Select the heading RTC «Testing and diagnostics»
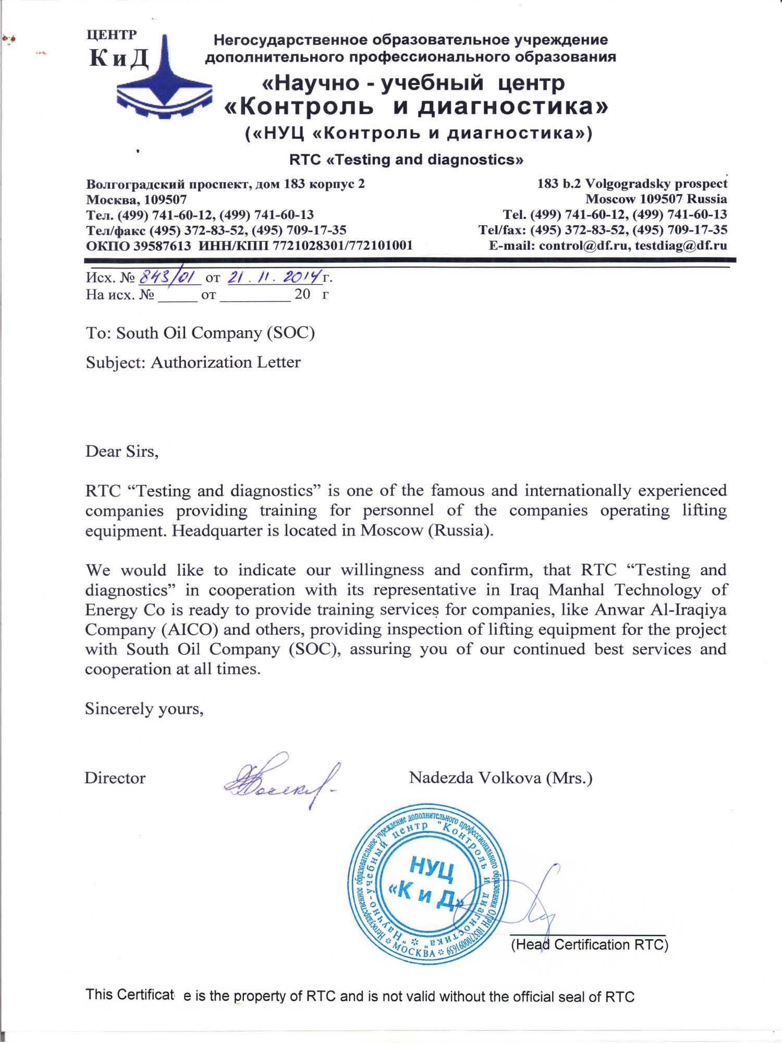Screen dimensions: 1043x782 click(x=406, y=159)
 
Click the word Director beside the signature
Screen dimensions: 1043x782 click(x=115, y=778)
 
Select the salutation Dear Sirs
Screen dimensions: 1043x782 click(x=121, y=451)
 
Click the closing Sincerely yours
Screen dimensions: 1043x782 click(x=144, y=709)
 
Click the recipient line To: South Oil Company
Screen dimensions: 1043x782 click(x=200, y=333)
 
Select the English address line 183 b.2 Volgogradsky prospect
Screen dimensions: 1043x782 click(x=632, y=184)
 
